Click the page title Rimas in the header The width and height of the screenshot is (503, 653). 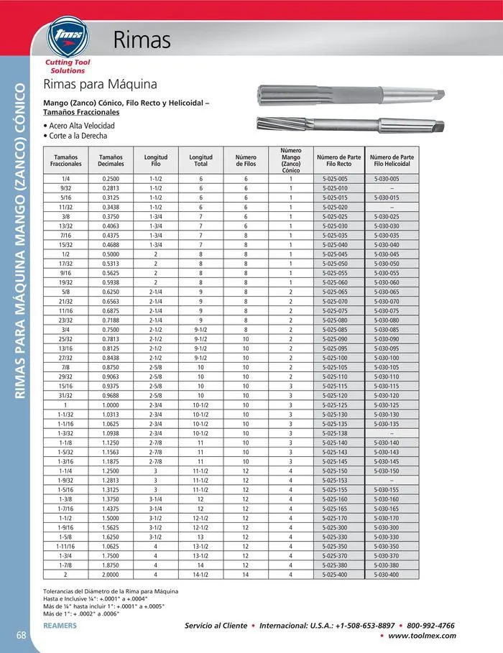[x=142, y=40]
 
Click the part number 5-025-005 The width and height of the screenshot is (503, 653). [x=335, y=178]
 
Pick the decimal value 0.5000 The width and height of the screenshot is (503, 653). [x=111, y=254]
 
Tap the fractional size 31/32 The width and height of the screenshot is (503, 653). [x=66, y=395]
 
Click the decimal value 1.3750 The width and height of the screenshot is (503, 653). [x=111, y=499]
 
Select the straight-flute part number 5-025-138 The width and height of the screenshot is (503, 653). [x=335, y=433]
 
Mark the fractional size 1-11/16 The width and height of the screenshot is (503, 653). [x=66, y=547]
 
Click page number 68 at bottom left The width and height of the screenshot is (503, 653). [x=22, y=634]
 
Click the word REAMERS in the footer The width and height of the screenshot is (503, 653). [x=60, y=626]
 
